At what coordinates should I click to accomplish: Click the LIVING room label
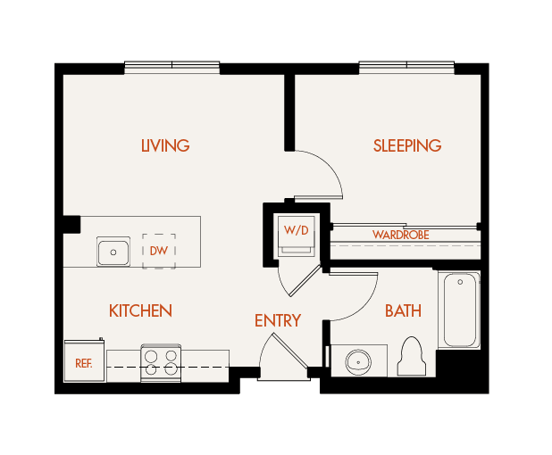point(165,145)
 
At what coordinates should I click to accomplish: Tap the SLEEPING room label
point(407,145)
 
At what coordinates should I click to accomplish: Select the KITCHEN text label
point(140,310)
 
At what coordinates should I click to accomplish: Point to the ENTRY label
point(277,320)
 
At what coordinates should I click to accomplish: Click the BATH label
point(403,310)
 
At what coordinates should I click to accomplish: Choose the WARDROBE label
point(401,235)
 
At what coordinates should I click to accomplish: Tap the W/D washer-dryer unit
point(296,233)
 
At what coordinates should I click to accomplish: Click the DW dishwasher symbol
point(159,251)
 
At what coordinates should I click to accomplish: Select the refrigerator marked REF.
point(84,362)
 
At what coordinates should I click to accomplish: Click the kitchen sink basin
point(113,252)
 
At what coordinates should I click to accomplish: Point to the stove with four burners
point(161,363)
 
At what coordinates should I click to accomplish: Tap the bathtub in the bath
point(460,310)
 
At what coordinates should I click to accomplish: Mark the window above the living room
point(171,67)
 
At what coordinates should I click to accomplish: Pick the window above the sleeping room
point(407,67)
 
